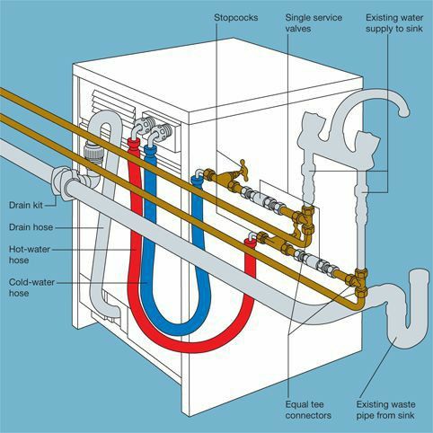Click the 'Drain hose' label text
click(x=31, y=226)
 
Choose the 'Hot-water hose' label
click(x=31, y=254)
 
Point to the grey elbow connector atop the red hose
click(x=137, y=133)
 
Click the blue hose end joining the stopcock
click(x=197, y=181)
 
